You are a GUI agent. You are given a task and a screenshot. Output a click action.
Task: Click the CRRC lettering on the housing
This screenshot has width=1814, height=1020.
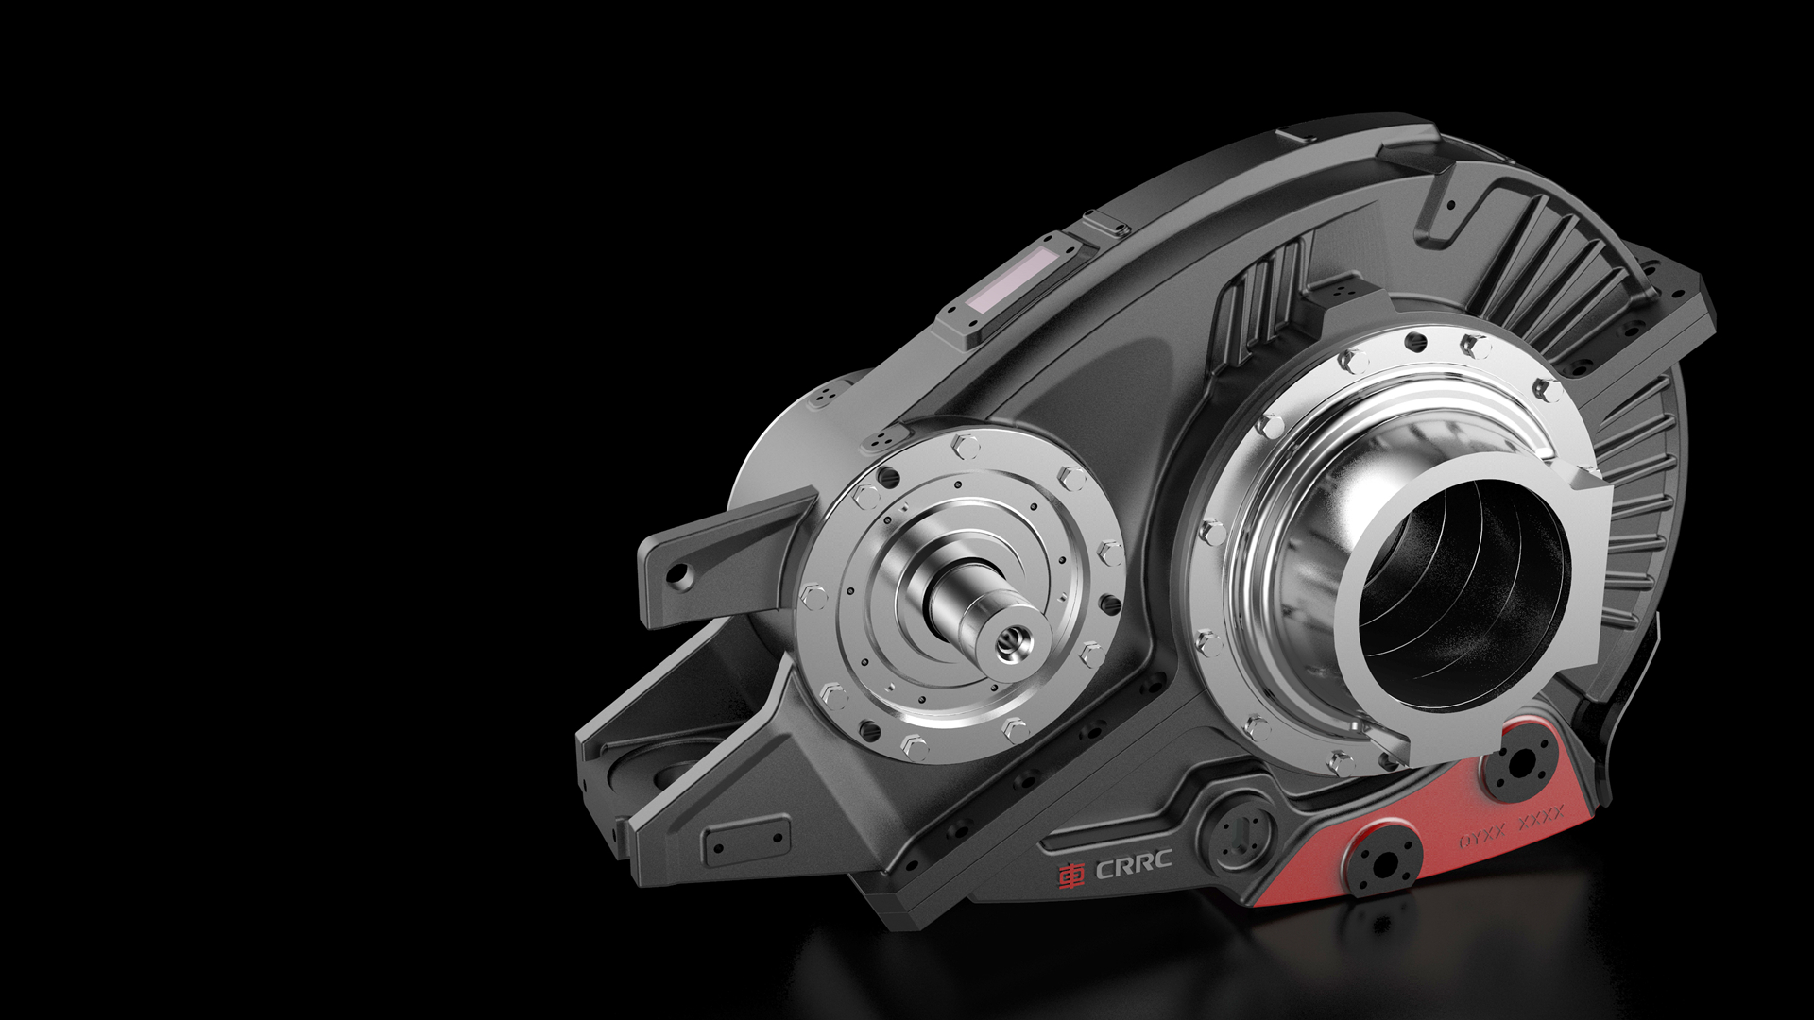[x=1133, y=864]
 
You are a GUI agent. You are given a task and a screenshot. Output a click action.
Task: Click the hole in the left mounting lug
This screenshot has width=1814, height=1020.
[x=677, y=575]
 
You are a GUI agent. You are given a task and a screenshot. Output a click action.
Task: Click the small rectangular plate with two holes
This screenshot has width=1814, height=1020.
[x=746, y=840]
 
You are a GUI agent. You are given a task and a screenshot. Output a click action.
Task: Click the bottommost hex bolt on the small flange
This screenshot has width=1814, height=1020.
[x=915, y=748]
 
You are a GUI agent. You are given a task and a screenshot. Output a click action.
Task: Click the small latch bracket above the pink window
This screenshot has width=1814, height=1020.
[x=1106, y=225]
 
